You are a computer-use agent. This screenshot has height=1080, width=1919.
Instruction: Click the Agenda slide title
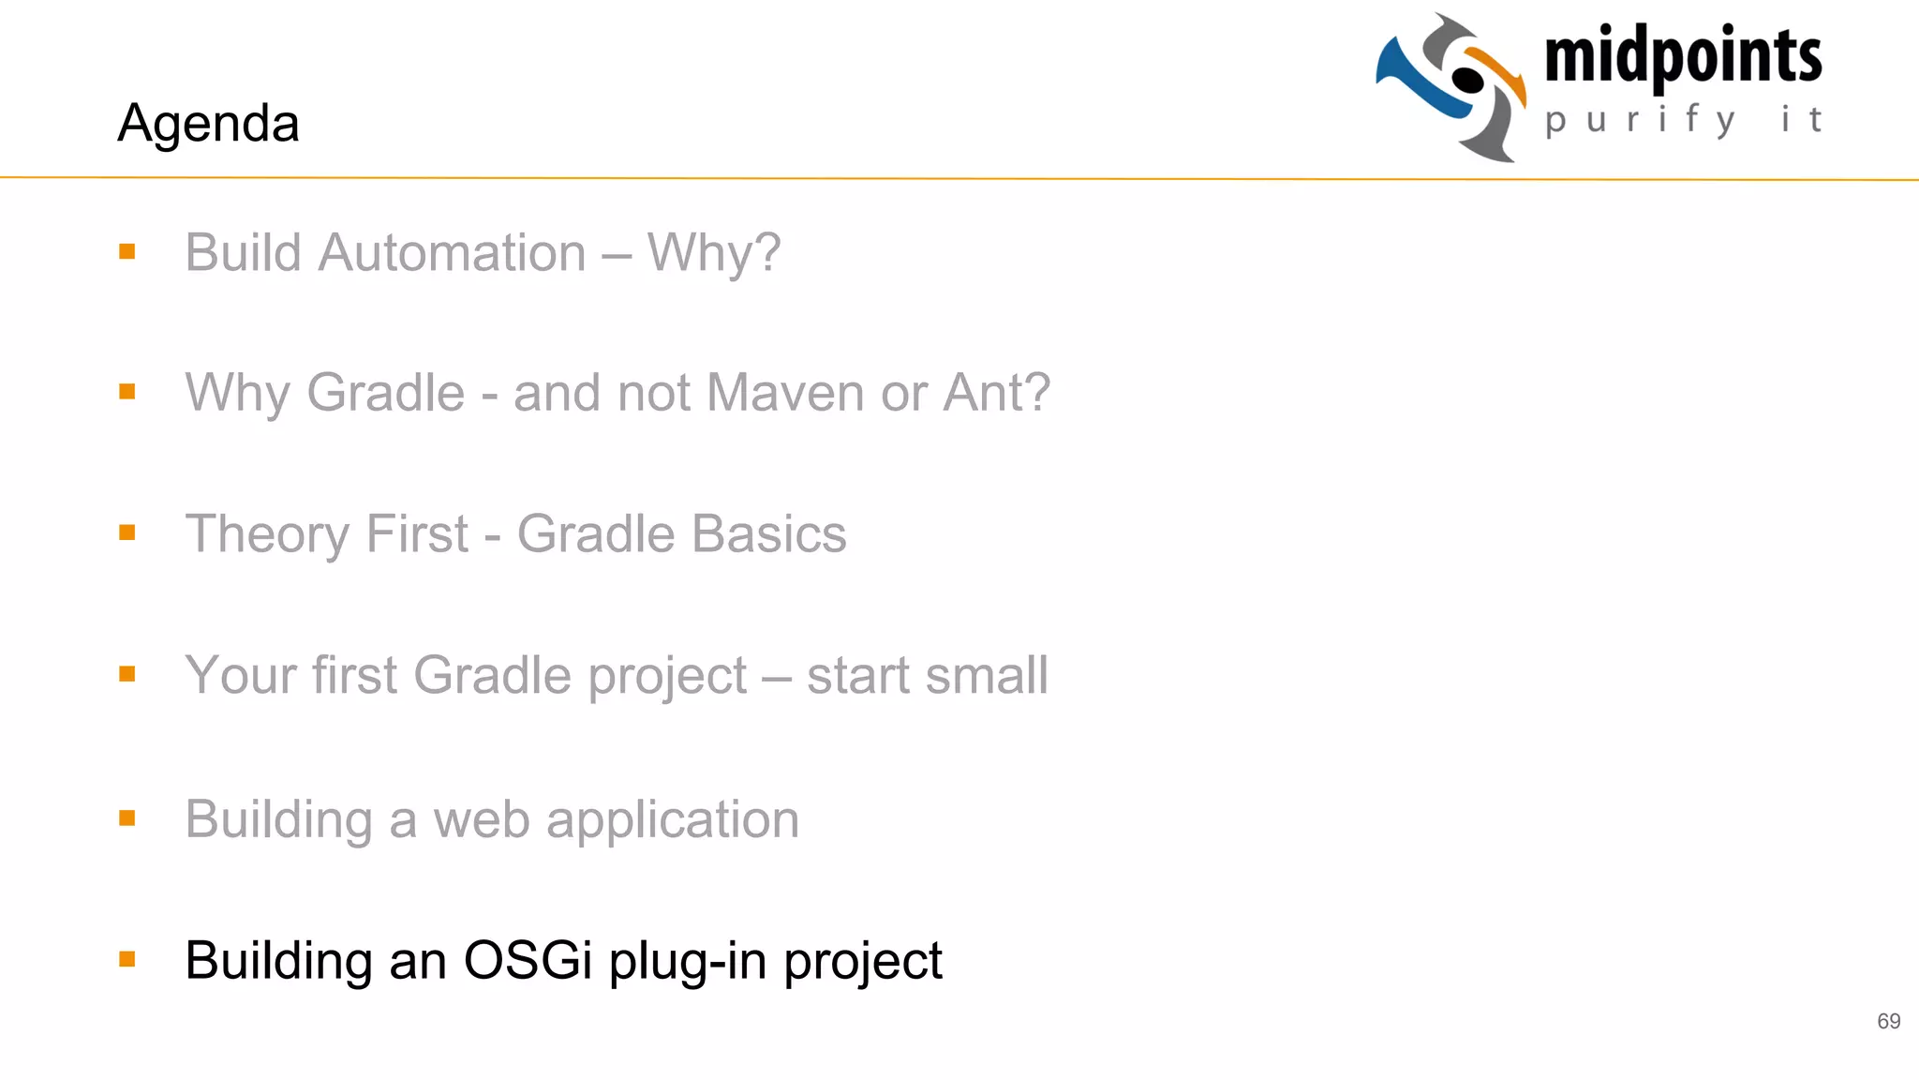[208, 123]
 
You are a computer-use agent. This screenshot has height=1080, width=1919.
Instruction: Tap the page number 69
[1888, 1021]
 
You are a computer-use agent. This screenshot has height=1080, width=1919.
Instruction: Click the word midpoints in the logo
[1683, 56]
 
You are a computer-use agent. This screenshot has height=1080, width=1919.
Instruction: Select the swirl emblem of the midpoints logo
[1451, 87]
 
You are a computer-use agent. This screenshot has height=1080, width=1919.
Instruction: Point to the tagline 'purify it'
[1683, 120]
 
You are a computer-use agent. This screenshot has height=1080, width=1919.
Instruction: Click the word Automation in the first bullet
[452, 253]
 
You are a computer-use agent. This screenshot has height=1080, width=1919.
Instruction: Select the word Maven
[785, 392]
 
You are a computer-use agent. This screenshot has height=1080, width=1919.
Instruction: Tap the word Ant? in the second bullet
[997, 392]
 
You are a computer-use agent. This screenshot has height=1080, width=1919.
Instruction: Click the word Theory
[268, 534]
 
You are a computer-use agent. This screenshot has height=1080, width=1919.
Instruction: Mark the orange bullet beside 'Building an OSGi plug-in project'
[127, 959]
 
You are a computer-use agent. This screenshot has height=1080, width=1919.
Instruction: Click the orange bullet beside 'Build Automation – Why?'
[127, 251]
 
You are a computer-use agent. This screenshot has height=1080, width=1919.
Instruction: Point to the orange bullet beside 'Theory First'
[127, 532]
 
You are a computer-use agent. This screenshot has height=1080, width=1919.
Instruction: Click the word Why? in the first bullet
[714, 253]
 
